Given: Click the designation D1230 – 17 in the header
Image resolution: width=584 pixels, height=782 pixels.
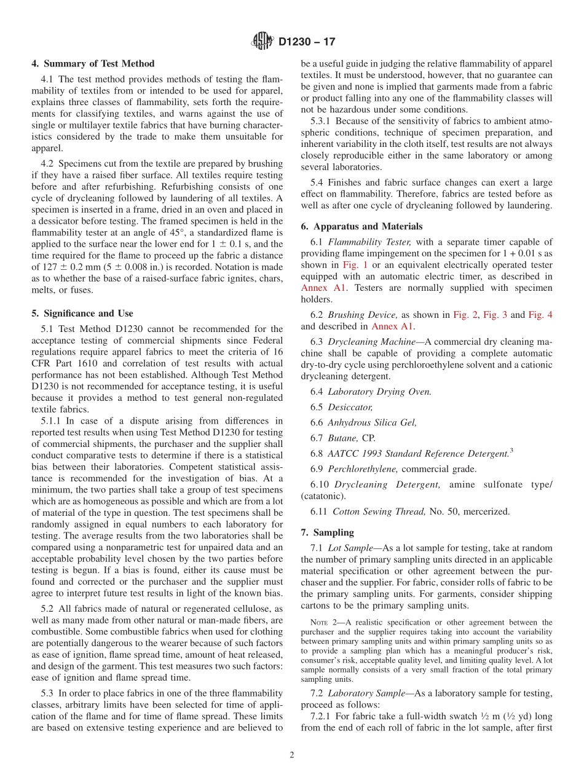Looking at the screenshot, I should pyautogui.click(x=307, y=42).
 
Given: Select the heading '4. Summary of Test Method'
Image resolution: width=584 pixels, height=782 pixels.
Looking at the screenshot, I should pyautogui.click(x=93, y=63).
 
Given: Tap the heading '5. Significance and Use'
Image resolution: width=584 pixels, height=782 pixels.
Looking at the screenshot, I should pyautogui.click(x=82, y=314).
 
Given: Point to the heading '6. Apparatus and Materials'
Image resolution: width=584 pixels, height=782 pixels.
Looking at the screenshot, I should pyautogui.click(x=361, y=226).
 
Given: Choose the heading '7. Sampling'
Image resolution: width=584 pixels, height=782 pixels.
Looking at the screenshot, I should pyautogui.click(x=328, y=532).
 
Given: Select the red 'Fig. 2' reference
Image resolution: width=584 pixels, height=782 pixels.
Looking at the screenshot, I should pyautogui.click(x=465, y=315).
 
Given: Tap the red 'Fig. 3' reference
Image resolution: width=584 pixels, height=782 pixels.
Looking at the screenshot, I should pyautogui.click(x=495, y=315).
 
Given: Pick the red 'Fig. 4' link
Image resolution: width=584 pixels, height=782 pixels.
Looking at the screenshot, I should pyautogui.click(x=540, y=315).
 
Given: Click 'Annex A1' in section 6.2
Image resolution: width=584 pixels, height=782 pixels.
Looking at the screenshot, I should pyautogui.click(x=393, y=326).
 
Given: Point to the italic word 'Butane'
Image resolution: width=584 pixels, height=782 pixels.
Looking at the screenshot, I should pyautogui.click(x=342, y=438).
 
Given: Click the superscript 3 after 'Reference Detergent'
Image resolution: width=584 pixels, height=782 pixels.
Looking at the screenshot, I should pyautogui.click(x=511, y=451).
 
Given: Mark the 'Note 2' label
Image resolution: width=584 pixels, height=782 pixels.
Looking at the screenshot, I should pyautogui.click(x=323, y=623).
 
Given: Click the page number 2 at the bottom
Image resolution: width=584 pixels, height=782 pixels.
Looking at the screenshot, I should pyautogui.click(x=292, y=756).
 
